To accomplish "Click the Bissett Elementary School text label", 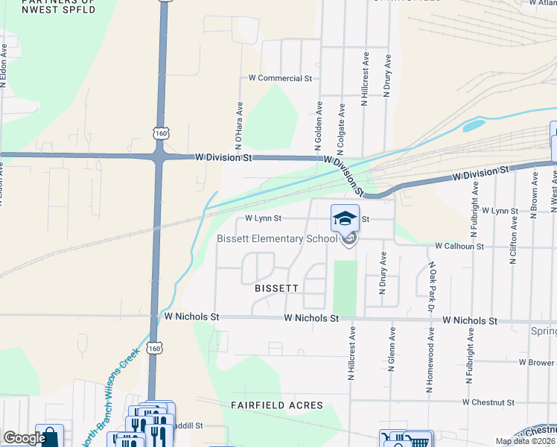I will coord(276,238).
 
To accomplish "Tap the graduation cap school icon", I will coord(344,218).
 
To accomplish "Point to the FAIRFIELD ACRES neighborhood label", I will coord(276,405).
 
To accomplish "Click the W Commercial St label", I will coord(280,77).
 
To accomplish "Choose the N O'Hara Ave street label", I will coord(239,122).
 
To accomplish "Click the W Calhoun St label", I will coord(459,245).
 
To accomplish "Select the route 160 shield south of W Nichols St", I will coord(153,348).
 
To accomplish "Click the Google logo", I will coord(24,438).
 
